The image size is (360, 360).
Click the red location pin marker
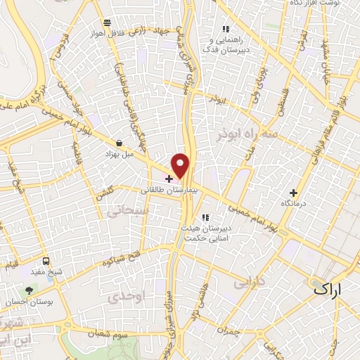[181, 165]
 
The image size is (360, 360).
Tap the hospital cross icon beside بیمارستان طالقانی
[169, 179]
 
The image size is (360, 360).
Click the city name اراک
[328, 288]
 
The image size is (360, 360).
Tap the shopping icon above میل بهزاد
[119, 143]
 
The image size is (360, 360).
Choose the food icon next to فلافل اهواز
[105, 22]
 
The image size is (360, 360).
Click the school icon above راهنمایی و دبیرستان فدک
[226, 29]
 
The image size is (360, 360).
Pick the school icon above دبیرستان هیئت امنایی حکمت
[205, 217]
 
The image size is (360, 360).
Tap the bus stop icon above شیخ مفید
[46, 260]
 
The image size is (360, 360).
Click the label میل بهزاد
[118, 153]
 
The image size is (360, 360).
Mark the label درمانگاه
[294, 202]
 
